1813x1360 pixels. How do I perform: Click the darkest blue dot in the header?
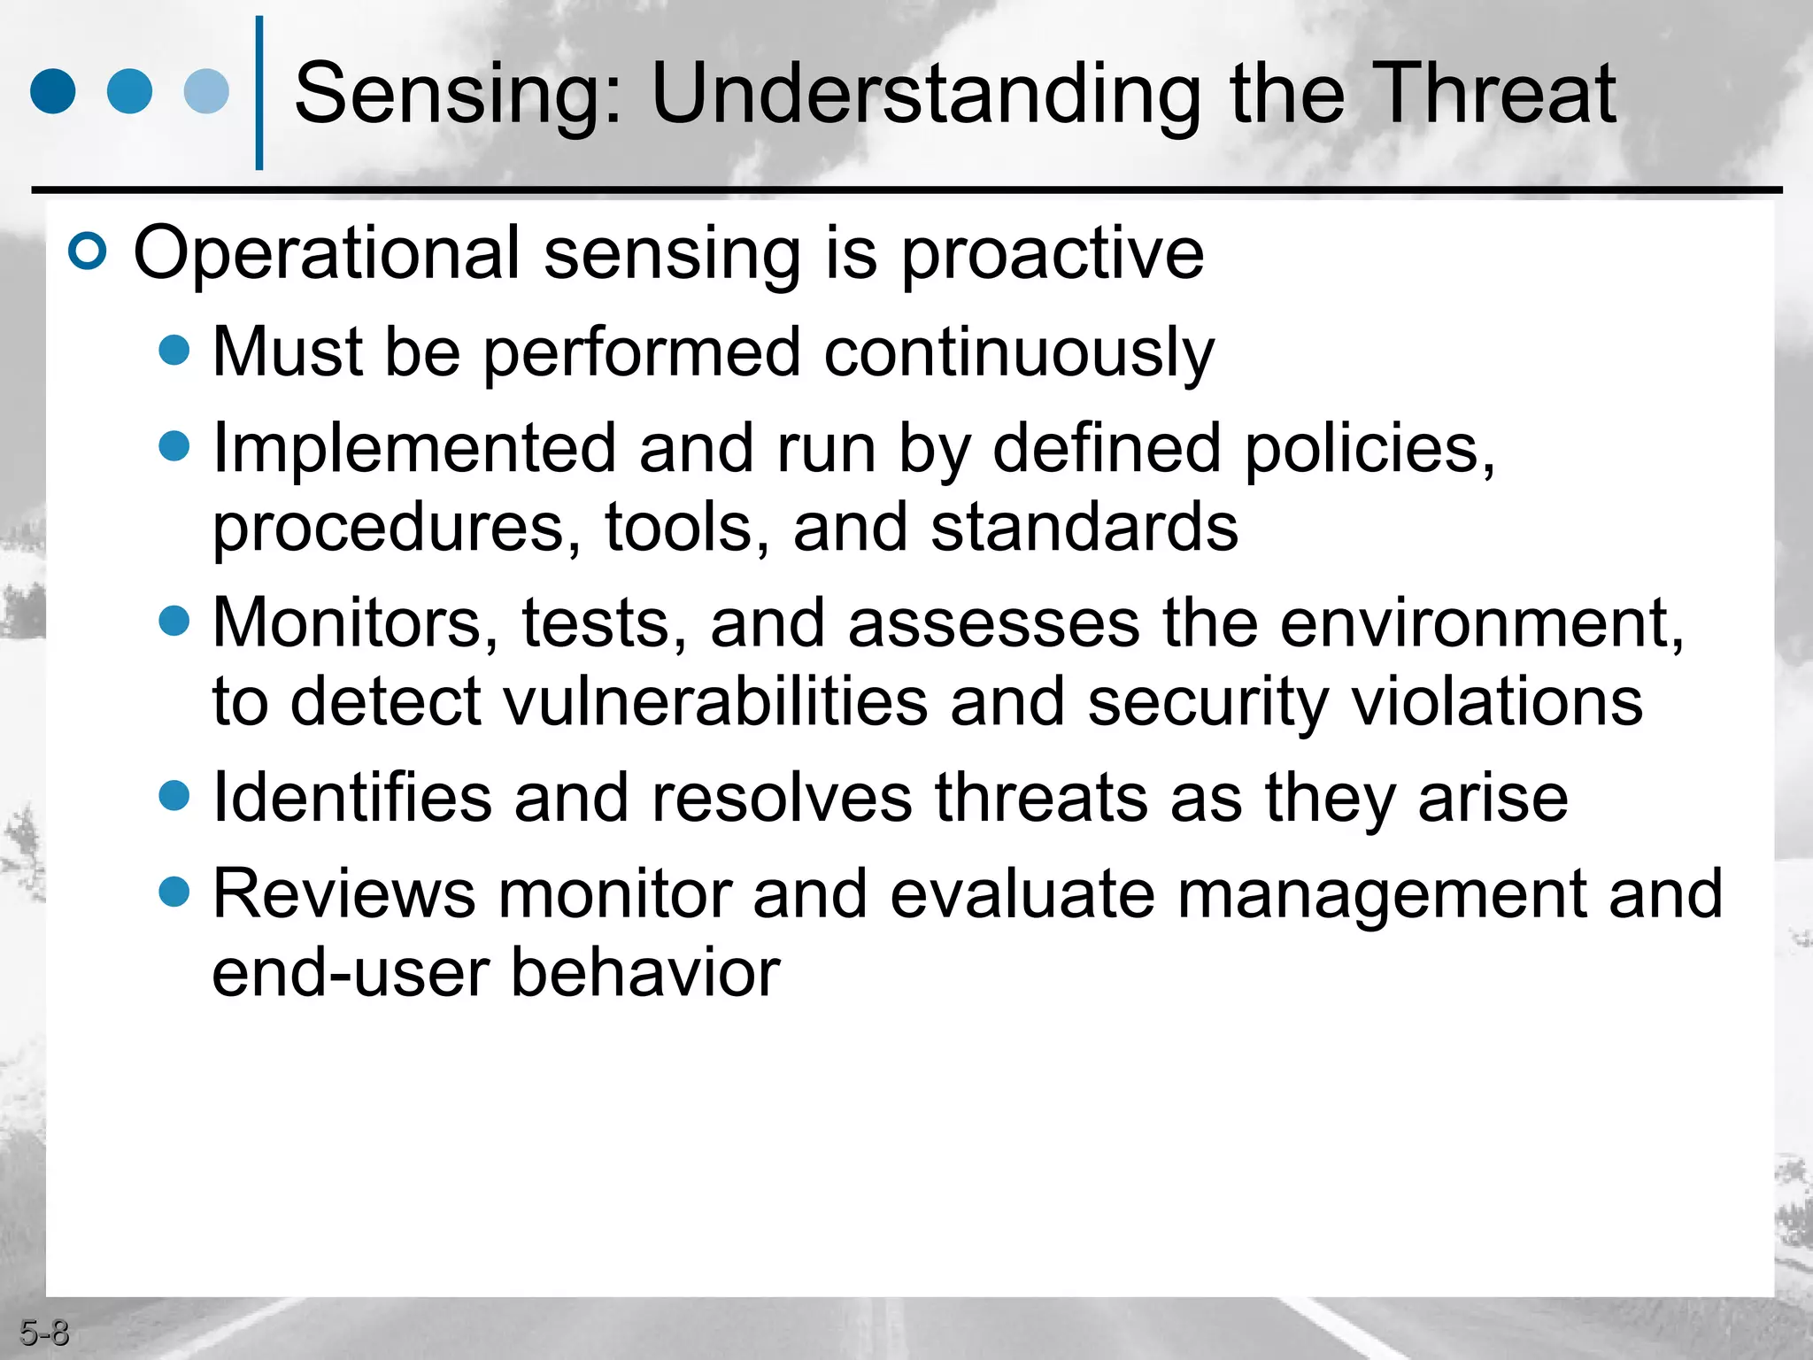(x=53, y=91)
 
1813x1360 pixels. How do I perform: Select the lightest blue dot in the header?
(x=206, y=91)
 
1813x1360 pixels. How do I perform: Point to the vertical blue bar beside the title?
(x=259, y=93)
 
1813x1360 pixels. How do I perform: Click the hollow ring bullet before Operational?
(x=88, y=252)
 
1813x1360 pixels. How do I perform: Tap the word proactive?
(x=1053, y=255)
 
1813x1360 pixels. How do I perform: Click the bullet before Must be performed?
(x=174, y=350)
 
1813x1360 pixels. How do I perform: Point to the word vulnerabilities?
(x=715, y=702)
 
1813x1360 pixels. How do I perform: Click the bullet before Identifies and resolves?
(x=174, y=795)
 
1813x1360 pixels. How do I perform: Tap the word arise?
(x=1493, y=798)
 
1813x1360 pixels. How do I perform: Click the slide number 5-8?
(x=44, y=1333)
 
